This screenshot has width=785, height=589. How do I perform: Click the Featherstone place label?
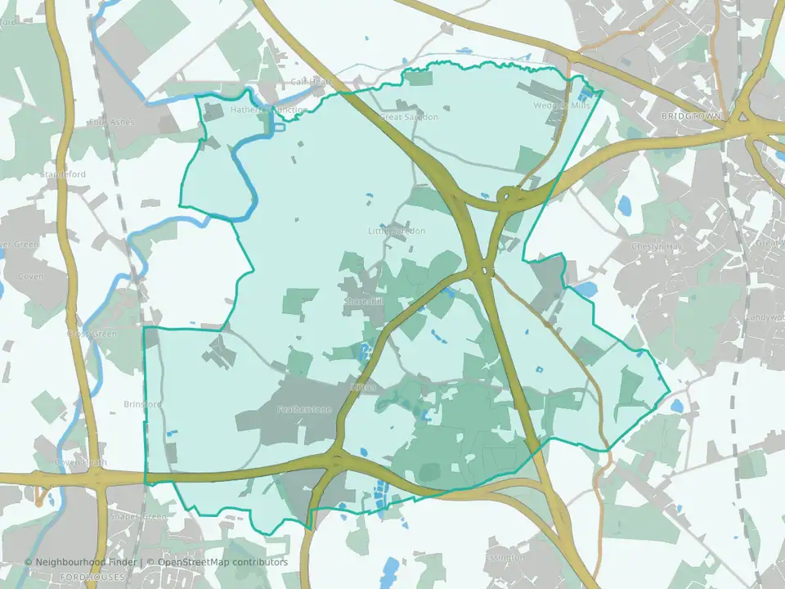pos(303,409)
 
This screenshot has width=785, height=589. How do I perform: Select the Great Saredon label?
pos(409,117)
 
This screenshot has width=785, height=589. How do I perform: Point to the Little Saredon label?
pos(397,232)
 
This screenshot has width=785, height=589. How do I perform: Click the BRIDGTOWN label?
pos(691,117)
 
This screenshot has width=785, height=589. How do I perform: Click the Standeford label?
pos(65,174)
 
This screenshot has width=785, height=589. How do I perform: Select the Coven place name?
pos(31,277)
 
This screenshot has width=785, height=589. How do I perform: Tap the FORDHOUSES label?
pos(93,577)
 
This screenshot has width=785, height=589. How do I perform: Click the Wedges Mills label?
pos(561,106)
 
